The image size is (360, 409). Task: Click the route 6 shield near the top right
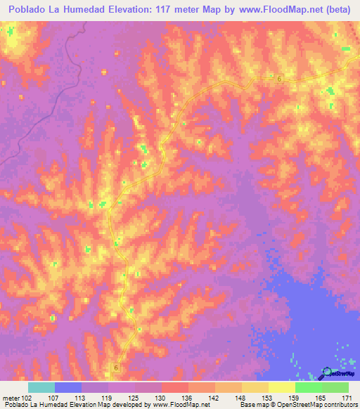coord(279,79)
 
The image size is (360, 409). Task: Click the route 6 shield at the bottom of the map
coord(115,367)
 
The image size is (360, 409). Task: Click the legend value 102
coord(27,398)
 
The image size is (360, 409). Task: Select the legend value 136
coord(187,398)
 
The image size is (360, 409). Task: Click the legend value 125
coord(134,398)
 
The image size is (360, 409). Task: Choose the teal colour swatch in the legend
coord(41,387)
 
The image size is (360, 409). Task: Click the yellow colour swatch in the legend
coord(282,387)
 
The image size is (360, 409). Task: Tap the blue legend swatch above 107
coord(68,387)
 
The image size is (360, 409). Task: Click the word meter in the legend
coord(10,398)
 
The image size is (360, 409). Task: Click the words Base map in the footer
coord(251,405)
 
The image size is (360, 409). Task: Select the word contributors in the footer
coord(340,405)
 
